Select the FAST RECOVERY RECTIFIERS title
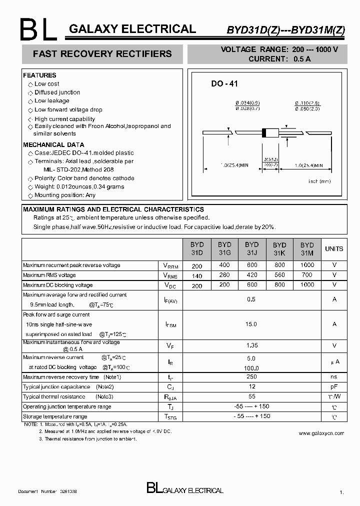click(102, 54)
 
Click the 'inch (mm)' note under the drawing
click(319, 181)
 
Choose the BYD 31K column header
click(279, 249)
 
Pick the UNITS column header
click(334, 249)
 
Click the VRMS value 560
click(279, 275)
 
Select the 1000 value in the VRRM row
click(307, 265)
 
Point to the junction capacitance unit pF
click(334, 387)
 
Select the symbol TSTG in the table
click(170, 417)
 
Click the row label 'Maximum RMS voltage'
click(49, 275)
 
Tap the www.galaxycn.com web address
click(321, 433)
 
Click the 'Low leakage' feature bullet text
click(52, 101)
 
